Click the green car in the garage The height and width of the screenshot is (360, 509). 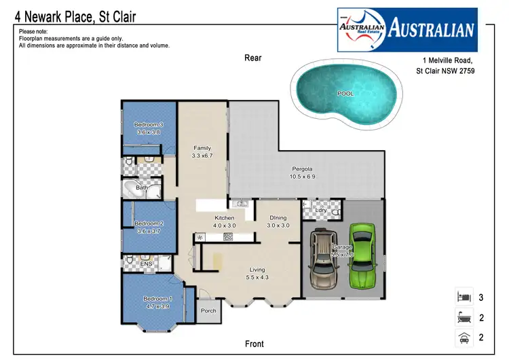[362, 257]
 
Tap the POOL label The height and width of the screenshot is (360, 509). [345, 94]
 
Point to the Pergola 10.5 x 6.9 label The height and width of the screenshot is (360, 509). [302, 173]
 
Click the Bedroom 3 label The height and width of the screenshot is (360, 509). [148, 128]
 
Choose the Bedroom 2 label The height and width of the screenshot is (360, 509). [148, 227]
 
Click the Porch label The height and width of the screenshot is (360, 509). [208, 311]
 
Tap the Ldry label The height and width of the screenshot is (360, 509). [322, 211]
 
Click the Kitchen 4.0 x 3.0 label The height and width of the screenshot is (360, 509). [224, 221]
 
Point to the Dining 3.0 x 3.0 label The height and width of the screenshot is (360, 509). [278, 221]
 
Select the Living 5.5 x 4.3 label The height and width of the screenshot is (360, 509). [257, 274]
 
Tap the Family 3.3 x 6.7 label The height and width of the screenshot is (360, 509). [202, 152]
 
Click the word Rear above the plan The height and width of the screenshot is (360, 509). [253, 58]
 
